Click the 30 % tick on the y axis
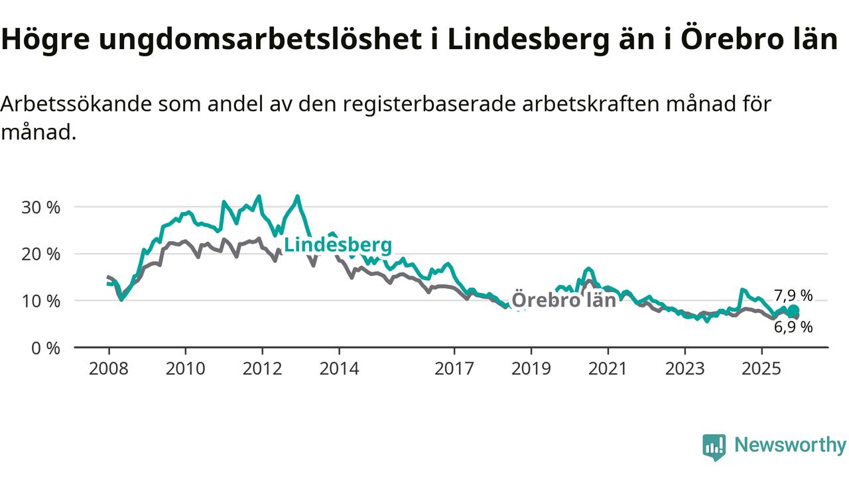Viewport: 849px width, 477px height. coord(42,207)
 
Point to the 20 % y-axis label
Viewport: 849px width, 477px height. coord(42,254)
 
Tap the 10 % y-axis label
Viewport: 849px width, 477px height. coord(42,301)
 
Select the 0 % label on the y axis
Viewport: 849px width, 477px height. coord(46,348)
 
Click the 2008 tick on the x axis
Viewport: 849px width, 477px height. coord(109,368)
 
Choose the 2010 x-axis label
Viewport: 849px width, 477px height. coord(186,368)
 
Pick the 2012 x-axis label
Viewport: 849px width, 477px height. coord(263,368)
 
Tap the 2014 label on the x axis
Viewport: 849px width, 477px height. coord(340,368)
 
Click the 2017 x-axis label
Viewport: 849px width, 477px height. coord(454,368)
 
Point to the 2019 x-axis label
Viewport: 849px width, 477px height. coord(531,368)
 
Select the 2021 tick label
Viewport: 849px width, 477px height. coord(608,368)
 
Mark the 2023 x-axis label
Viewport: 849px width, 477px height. coord(685,368)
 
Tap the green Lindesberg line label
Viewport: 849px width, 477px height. coord(338,244)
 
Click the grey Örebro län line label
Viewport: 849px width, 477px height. coord(564,300)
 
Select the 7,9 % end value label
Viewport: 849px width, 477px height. coord(793,296)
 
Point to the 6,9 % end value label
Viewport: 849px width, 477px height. coord(793,327)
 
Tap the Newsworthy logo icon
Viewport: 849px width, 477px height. coord(714,447)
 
